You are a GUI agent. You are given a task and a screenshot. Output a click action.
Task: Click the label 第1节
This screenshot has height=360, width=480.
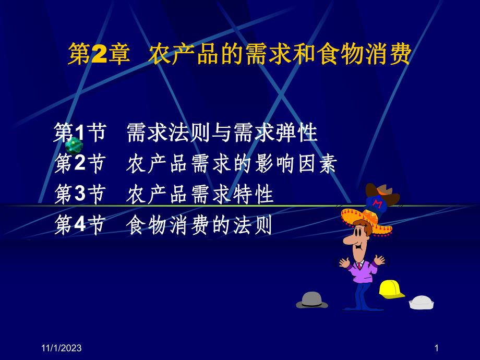[x=80, y=134]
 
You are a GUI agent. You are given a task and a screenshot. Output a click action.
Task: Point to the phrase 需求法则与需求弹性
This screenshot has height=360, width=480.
[x=222, y=134]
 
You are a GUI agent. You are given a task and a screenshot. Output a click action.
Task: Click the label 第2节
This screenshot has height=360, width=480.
[x=80, y=165]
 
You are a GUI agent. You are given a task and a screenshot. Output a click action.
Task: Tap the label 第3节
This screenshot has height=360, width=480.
[x=80, y=195]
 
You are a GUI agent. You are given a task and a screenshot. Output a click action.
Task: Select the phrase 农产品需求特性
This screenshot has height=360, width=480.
[x=200, y=195]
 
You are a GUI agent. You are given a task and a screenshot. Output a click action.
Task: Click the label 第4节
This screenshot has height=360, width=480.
[x=80, y=226]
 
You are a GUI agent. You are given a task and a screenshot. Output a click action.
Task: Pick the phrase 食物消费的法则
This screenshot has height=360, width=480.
[x=200, y=226]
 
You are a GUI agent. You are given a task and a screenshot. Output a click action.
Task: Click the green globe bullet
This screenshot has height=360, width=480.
[x=74, y=146]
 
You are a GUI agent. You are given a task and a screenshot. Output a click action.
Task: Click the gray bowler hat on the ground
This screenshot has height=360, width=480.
[x=313, y=299]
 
